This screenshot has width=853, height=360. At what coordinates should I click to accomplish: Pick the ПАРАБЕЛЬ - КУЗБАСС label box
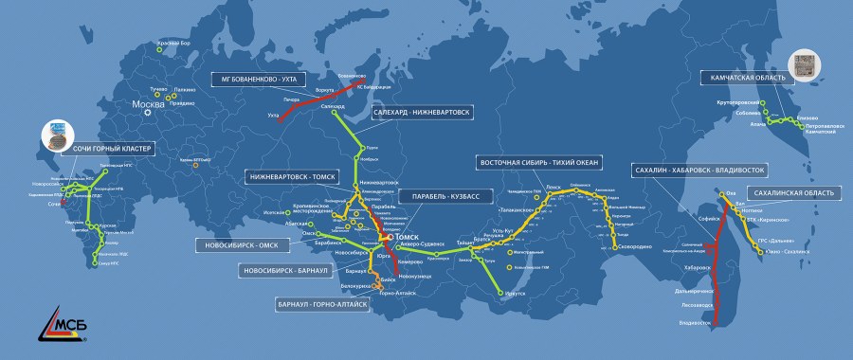pyautogui.click(x=444, y=196)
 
